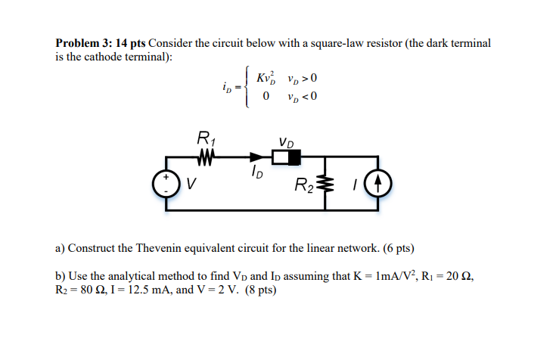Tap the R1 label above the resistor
click(205, 138)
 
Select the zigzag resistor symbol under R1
click(205, 157)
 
